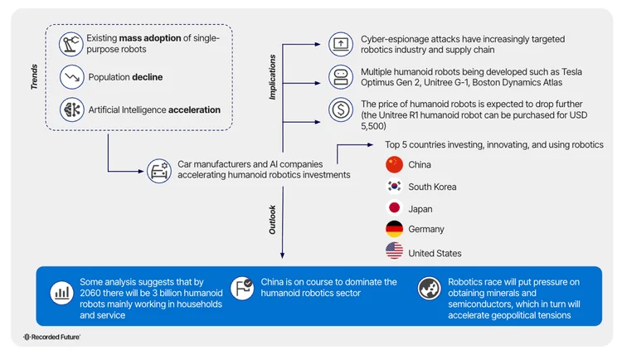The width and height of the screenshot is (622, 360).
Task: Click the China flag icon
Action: [395, 164]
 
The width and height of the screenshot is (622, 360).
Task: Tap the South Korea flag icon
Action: [395, 187]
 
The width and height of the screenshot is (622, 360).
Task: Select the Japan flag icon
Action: [395, 208]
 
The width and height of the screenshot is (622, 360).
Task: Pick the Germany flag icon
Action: [395, 230]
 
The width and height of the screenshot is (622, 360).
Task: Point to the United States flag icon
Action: [395, 252]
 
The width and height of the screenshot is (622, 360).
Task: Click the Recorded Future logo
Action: [51, 338]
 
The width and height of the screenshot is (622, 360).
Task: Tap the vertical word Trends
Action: [34, 76]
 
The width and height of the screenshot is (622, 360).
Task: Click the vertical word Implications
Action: [272, 78]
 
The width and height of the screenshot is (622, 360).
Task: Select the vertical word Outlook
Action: [272, 219]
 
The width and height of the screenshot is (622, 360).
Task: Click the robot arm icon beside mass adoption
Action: [71, 45]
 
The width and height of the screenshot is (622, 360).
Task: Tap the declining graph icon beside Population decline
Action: [71, 77]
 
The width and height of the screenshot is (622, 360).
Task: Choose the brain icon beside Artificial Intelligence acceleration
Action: [71, 109]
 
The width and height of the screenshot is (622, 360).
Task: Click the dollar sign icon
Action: [341, 109]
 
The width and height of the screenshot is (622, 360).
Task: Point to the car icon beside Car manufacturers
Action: [158, 170]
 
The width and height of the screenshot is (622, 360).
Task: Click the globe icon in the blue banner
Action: [429, 287]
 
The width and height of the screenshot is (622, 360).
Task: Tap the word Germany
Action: [426, 230]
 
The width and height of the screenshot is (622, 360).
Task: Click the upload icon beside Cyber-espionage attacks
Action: [341, 43]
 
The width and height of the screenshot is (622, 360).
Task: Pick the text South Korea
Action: [432, 187]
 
